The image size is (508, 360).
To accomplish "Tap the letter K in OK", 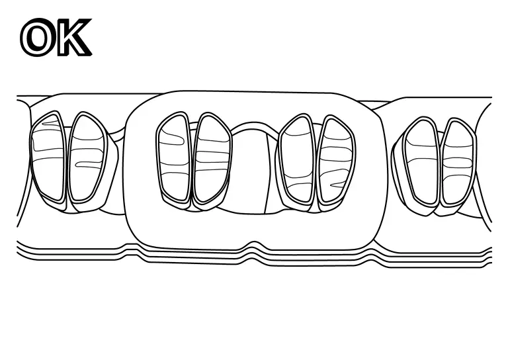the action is (73, 37).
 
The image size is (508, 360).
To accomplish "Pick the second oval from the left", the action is (88, 157).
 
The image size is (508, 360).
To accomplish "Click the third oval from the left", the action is (173, 157).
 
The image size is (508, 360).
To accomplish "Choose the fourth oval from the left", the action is (212, 157).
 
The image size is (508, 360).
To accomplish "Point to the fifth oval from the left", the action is (297, 160).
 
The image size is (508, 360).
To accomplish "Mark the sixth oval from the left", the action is (337, 160).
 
